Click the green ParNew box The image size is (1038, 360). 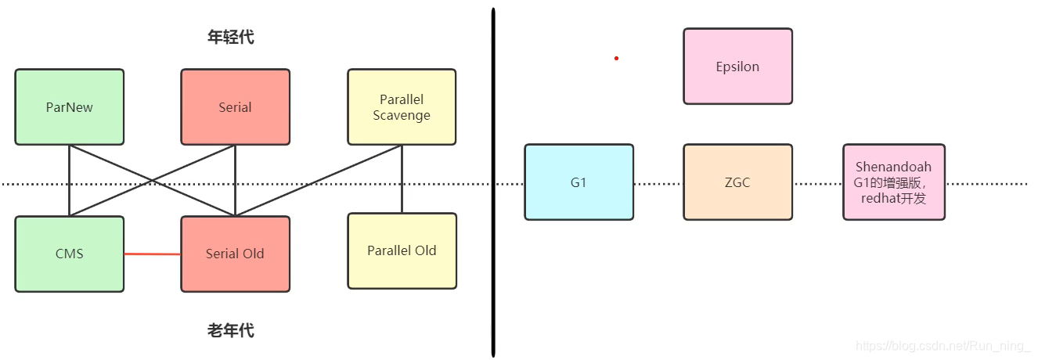point(69,107)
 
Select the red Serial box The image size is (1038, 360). point(235,107)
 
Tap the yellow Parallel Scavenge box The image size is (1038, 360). point(402,107)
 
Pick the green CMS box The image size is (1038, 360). point(69,254)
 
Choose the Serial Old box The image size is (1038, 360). point(235,254)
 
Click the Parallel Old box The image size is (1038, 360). point(402,250)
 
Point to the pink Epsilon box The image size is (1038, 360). point(737,67)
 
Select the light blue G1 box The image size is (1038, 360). point(578,182)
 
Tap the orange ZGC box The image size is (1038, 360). point(737,182)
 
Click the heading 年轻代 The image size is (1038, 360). point(230,37)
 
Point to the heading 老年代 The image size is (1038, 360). point(230,330)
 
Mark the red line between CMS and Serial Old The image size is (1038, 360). point(153,254)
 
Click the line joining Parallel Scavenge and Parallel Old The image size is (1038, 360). point(402,178)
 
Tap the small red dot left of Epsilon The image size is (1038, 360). point(616,58)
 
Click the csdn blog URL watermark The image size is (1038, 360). point(942,345)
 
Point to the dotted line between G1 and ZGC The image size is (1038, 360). point(658,184)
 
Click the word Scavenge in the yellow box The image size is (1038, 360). point(402,115)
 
